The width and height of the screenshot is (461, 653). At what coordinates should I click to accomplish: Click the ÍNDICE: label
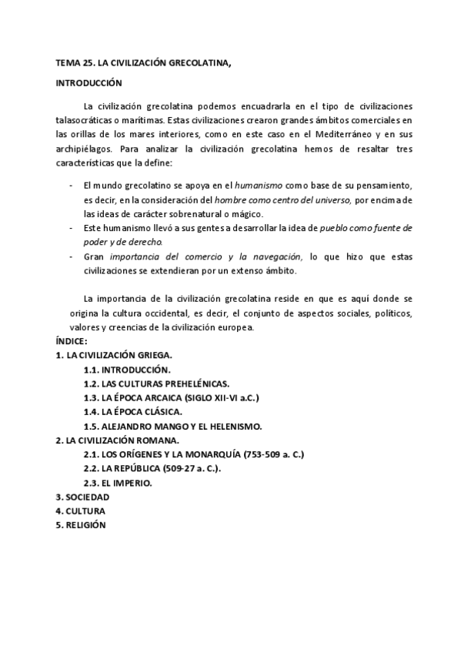click(x=72, y=340)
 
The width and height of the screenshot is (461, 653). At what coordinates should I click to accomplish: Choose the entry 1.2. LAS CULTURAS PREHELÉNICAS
click(x=155, y=383)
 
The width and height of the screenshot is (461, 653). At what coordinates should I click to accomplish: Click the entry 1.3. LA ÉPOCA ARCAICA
click(x=171, y=398)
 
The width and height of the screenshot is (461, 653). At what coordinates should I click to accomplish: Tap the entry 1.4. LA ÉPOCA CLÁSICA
click(x=132, y=412)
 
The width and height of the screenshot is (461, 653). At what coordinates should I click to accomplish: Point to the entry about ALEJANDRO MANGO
click(x=173, y=426)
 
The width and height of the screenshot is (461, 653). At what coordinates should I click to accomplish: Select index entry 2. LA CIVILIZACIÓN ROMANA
click(x=117, y=440)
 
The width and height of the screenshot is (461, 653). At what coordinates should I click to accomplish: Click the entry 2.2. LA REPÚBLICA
click(x=157, y=469)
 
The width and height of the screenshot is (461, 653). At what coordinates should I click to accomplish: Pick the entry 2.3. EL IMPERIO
click(x=118, y=483)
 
